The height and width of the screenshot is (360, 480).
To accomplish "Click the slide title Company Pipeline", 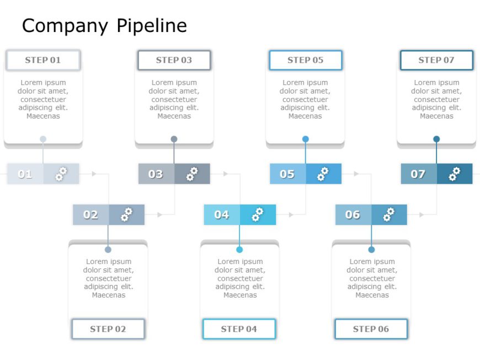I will point(104,25).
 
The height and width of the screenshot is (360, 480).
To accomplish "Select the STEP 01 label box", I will point(43,60).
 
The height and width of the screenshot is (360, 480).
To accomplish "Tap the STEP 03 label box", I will point(174,60).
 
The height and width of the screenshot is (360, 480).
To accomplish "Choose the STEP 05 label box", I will point(305,60).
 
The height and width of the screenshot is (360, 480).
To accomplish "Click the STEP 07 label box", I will point(436,60).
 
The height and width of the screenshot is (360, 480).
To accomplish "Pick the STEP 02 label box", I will point(108,329).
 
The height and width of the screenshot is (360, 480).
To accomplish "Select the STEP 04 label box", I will point(239,329).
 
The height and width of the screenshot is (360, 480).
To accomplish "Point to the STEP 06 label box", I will point(371,329).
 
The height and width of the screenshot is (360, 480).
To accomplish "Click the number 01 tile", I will point(25,174).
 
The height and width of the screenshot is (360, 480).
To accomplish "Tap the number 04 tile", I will point(222,214).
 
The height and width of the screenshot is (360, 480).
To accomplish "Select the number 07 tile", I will point(418,174).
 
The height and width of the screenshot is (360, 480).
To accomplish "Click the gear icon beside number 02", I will point(127,214).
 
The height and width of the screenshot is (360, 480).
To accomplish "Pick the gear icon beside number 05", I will point(323,174).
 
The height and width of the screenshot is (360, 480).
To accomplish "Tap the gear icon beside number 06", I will point(389,214).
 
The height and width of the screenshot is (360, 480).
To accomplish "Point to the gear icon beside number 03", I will point(192,174).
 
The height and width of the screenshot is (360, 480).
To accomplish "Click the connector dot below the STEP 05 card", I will point(305,139).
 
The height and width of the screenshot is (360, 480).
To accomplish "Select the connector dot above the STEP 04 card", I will point(239,250).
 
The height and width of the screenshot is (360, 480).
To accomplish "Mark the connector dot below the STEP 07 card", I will point(436,139).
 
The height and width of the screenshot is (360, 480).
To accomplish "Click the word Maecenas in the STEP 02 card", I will point(108,295).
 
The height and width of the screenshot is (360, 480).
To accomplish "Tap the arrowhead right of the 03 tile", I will point(225,174).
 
